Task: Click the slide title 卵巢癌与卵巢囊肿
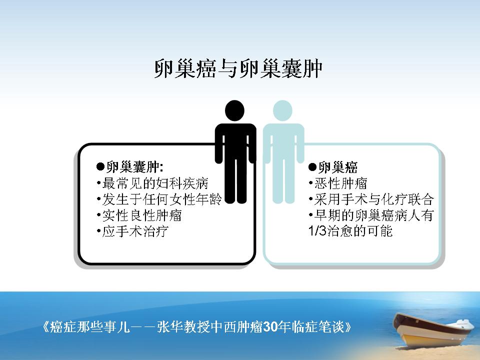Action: (x=238, y=68)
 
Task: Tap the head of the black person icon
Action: (x=235, y=110)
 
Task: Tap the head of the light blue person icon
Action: (x=282, y=110)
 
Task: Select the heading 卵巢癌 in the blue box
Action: (x=337, y=167)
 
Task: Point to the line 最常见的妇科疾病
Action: (x=155, y=183)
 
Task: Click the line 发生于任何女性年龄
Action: (x=162, y=199)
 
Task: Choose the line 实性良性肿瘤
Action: (x=141, y=215)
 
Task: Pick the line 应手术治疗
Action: (x=135, y=231)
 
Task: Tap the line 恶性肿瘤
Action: (x=340, y=183)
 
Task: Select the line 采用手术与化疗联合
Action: (x=374, y=199)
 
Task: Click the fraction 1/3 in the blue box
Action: (x=317, y=231)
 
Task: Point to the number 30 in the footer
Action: (x=269, y=327)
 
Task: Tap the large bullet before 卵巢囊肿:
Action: (x=100, y=167)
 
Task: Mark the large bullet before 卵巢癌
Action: (x=312, y=167)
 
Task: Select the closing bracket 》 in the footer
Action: (x=347, y=327)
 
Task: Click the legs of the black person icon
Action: (x=235, y=180)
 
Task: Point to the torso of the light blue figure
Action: (x=283, y=141)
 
